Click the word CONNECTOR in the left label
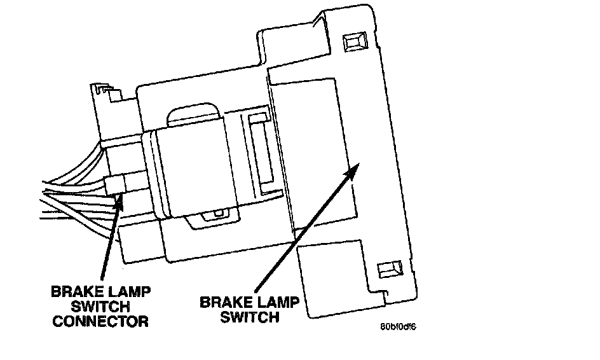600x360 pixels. tap(100, 321)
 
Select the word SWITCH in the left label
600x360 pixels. tap(100, 307)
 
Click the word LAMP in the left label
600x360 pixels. tap(129, 292)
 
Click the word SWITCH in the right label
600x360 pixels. tap(250, 317)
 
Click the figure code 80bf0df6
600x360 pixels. tap(398, 327)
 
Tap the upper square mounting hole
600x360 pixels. tap(355, 41)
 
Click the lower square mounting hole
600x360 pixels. tap(390, 269)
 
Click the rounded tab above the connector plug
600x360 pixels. tap(193, 114)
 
